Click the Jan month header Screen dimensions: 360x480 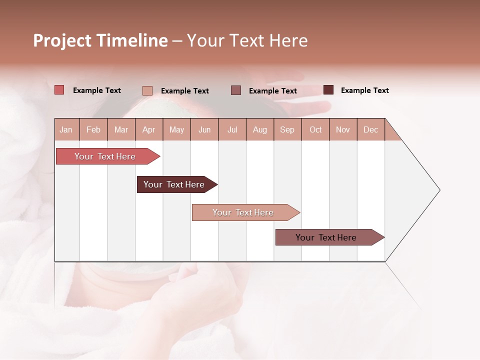pyautogui.click(x=66, y=129)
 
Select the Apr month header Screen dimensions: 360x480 pyautogui.click(x=149, y=129)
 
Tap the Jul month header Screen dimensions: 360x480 pyautogui.click(x=232, y=129)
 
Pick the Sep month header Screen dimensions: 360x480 pyautogui.click(x=287, y=129)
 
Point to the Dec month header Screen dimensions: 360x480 pyautogui.click(x=370, y=129)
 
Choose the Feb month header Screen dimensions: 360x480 pyautogui.click(x=93, y=129)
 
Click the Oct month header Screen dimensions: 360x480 pyautogui.click(x=315, y=129)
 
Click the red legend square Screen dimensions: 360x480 pyautogui.click(x=59, y=90)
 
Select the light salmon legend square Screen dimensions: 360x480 pyautogui.click(x=147, y=90)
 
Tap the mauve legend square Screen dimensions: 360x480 pyautogui.click(x=236, y=90)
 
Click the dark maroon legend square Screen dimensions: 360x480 pyautogui.click(x=328, y=90)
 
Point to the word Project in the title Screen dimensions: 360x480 pyautogui.click(x=62, y=40)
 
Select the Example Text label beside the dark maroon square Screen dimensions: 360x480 pyautogui.click(x=364, y=90)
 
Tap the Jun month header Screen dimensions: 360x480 pyautogui.click(x=204, y=129)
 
